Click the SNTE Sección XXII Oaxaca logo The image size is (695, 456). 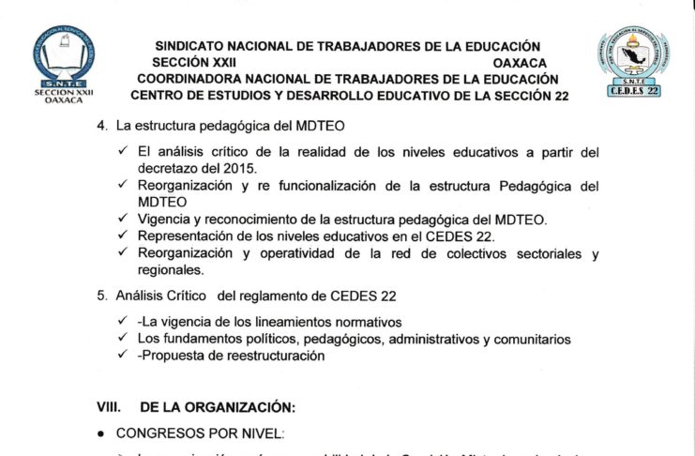[63, 63]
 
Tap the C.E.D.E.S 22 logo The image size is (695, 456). [634, 61]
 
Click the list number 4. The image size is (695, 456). [102, 126]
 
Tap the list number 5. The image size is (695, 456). [102, 296]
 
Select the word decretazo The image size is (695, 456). [168, 168]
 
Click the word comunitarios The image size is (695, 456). [527, 339]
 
